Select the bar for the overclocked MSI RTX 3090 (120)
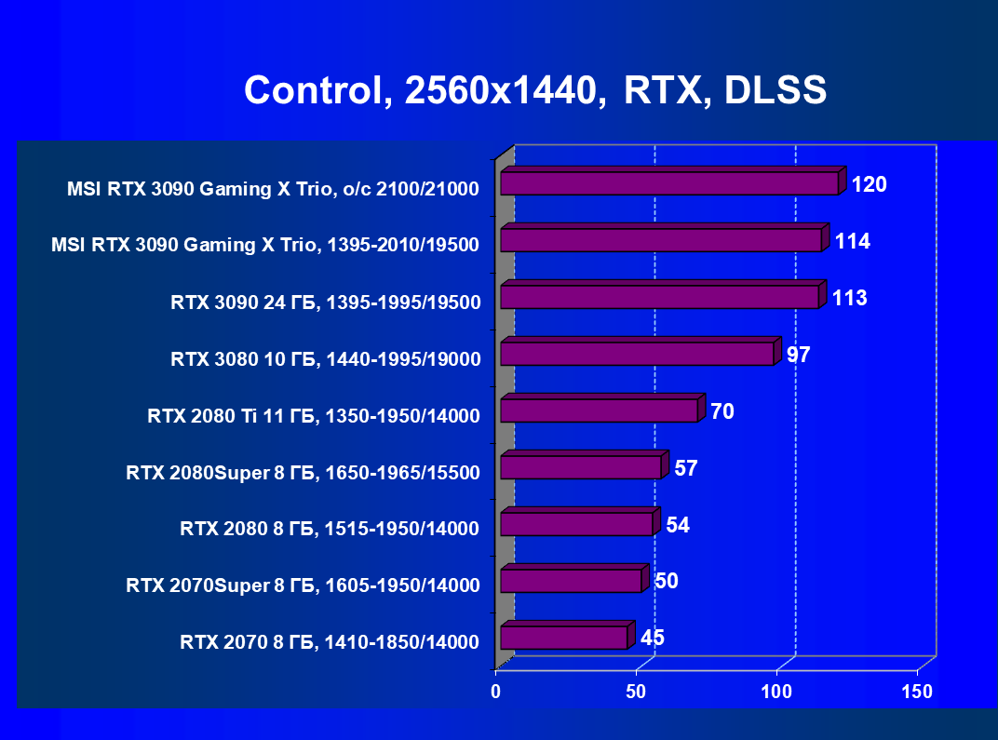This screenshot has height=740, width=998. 669,183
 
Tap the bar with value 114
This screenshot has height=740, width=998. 661,240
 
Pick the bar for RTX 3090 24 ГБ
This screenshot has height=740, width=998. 659,297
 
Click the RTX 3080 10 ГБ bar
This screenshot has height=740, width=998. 637,354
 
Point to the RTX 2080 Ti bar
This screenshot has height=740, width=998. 599,410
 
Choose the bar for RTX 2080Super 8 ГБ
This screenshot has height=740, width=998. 580,467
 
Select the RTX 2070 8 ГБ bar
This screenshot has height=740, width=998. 563,638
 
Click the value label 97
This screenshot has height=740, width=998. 799,355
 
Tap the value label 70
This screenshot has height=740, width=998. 722,410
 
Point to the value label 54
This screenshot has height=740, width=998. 678,525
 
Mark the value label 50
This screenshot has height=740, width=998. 667,582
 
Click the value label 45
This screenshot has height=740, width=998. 652,638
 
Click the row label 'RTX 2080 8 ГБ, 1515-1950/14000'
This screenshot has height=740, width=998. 330,530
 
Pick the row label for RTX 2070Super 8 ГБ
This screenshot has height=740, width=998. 303,585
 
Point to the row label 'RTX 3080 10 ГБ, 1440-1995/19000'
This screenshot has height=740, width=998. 325,359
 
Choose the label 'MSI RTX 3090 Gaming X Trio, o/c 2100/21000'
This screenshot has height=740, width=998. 273,189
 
